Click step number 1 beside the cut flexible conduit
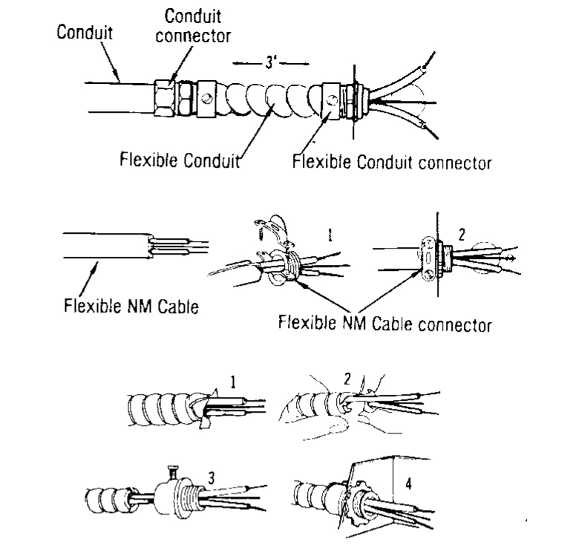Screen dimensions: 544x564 pyautogui.click(x=233, y=384)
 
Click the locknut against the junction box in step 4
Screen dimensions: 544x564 pyautogui.click(x=350, y=490)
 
